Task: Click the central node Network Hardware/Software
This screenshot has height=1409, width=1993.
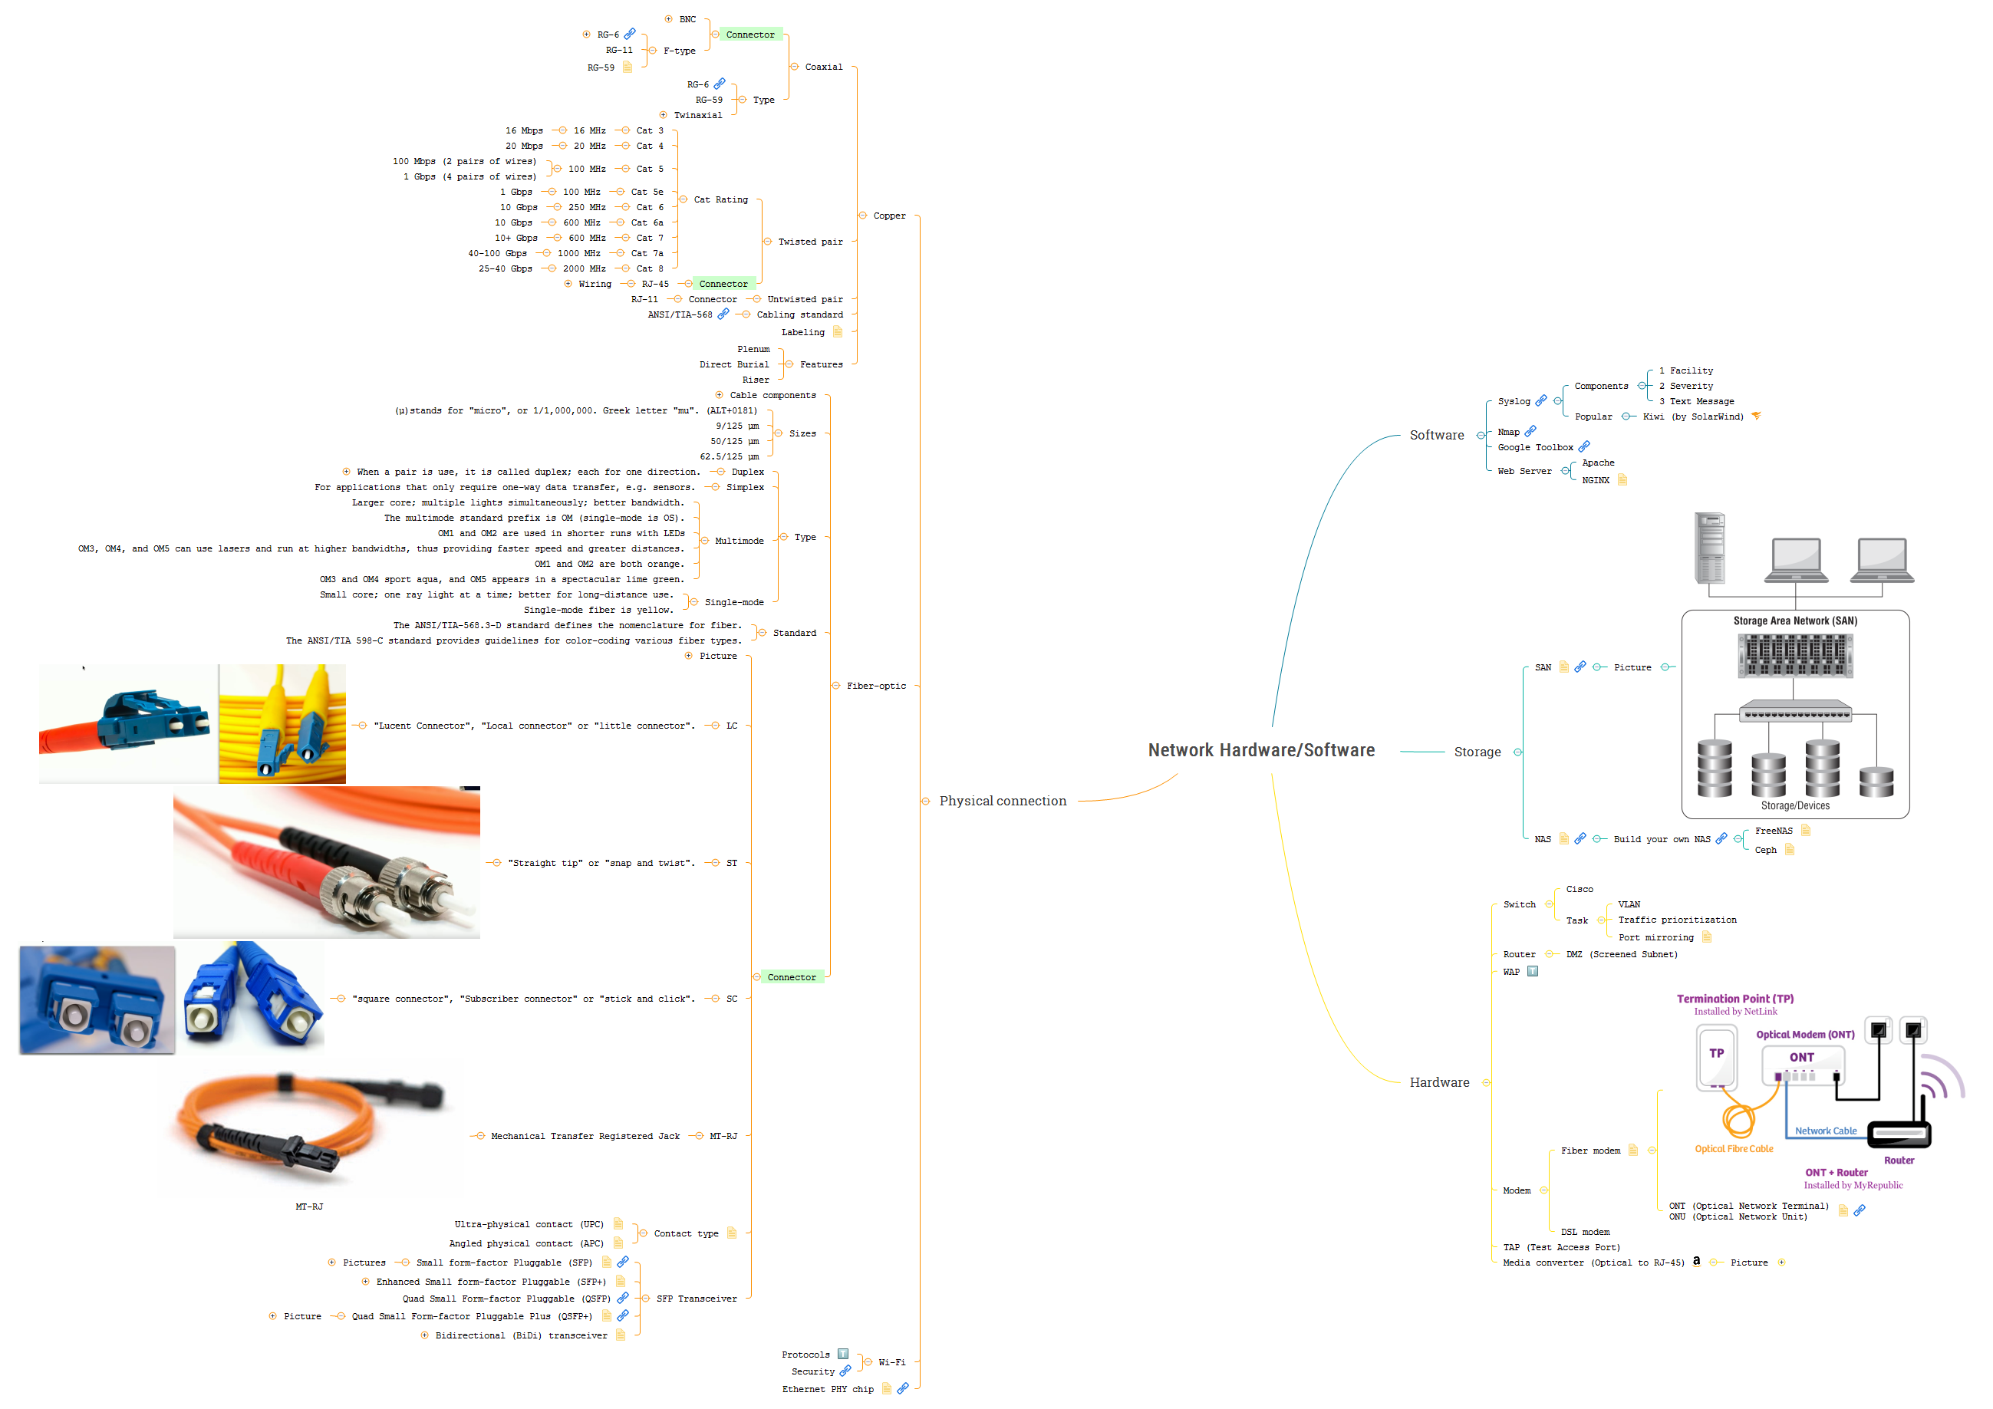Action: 1260,750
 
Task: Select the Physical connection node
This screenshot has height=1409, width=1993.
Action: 1003,801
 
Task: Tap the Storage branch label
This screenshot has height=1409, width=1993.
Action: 1477,752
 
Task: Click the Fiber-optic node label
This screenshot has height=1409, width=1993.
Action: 876,686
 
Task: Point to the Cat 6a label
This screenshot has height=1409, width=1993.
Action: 647,222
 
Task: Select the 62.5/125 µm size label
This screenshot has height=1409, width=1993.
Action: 728,456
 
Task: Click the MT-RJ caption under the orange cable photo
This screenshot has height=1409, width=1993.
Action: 309,1206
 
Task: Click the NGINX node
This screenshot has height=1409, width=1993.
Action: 1596,480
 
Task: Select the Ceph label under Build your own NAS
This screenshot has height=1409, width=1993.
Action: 1766,850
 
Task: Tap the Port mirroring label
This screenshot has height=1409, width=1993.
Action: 1655,937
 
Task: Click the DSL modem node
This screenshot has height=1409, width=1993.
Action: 1585,1232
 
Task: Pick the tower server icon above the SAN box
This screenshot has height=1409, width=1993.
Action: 1709,548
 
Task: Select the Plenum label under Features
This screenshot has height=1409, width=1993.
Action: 753,349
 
